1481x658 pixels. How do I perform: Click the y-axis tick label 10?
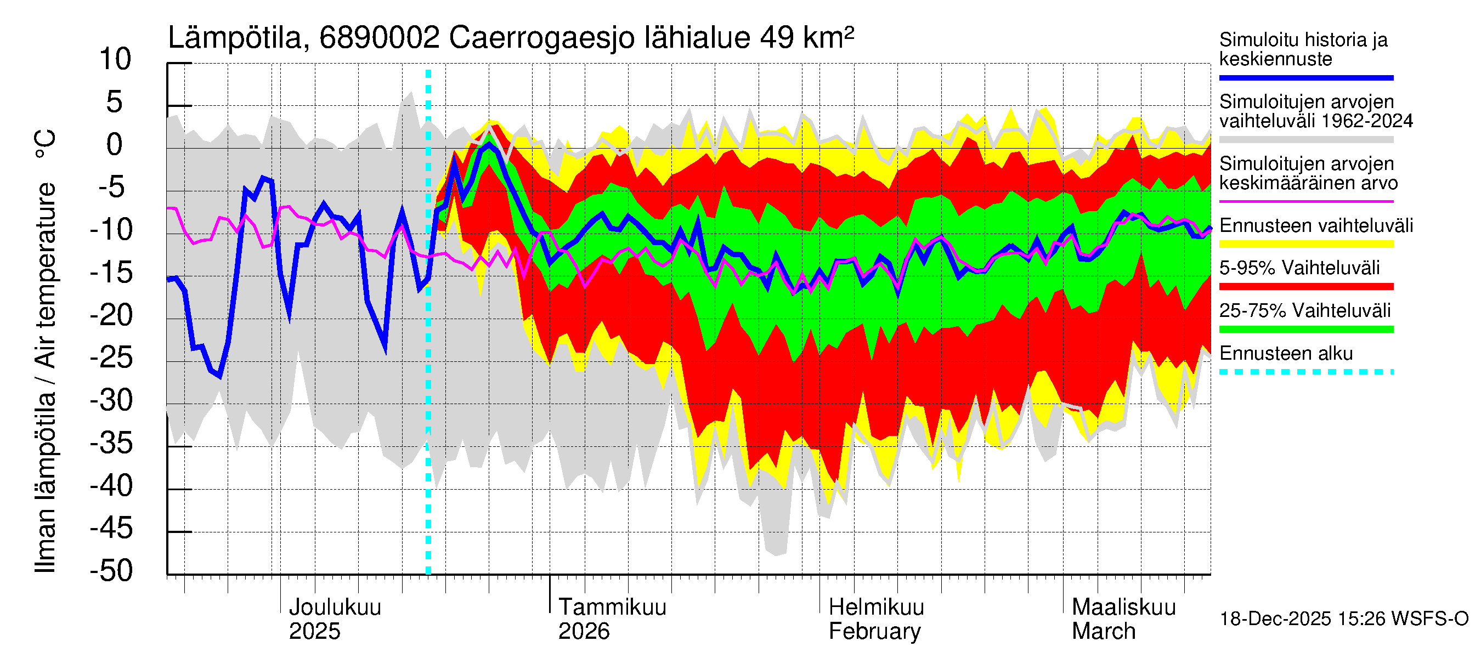115,60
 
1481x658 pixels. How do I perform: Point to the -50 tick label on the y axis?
111,571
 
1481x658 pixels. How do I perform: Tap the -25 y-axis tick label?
111,358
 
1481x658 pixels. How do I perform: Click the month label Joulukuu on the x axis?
335,608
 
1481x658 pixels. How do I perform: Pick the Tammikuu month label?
612,608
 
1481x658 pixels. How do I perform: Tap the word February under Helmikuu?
874,632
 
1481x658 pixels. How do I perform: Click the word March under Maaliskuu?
1103,632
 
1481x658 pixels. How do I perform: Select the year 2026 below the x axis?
584,632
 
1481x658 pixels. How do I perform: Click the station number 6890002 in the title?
380,38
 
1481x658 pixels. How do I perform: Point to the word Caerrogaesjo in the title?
541,38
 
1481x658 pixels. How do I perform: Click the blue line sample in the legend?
1305,77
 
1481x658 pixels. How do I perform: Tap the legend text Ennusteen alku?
1286,354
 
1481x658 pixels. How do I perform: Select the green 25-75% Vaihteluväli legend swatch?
1305,330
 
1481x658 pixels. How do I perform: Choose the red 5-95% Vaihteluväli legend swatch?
1305,286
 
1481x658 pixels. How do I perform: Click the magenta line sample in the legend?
1305,202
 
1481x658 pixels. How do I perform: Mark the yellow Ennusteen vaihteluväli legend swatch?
1305,244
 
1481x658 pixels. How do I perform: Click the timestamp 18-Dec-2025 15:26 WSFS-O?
1343,619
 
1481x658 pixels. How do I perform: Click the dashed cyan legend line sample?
1305,372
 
